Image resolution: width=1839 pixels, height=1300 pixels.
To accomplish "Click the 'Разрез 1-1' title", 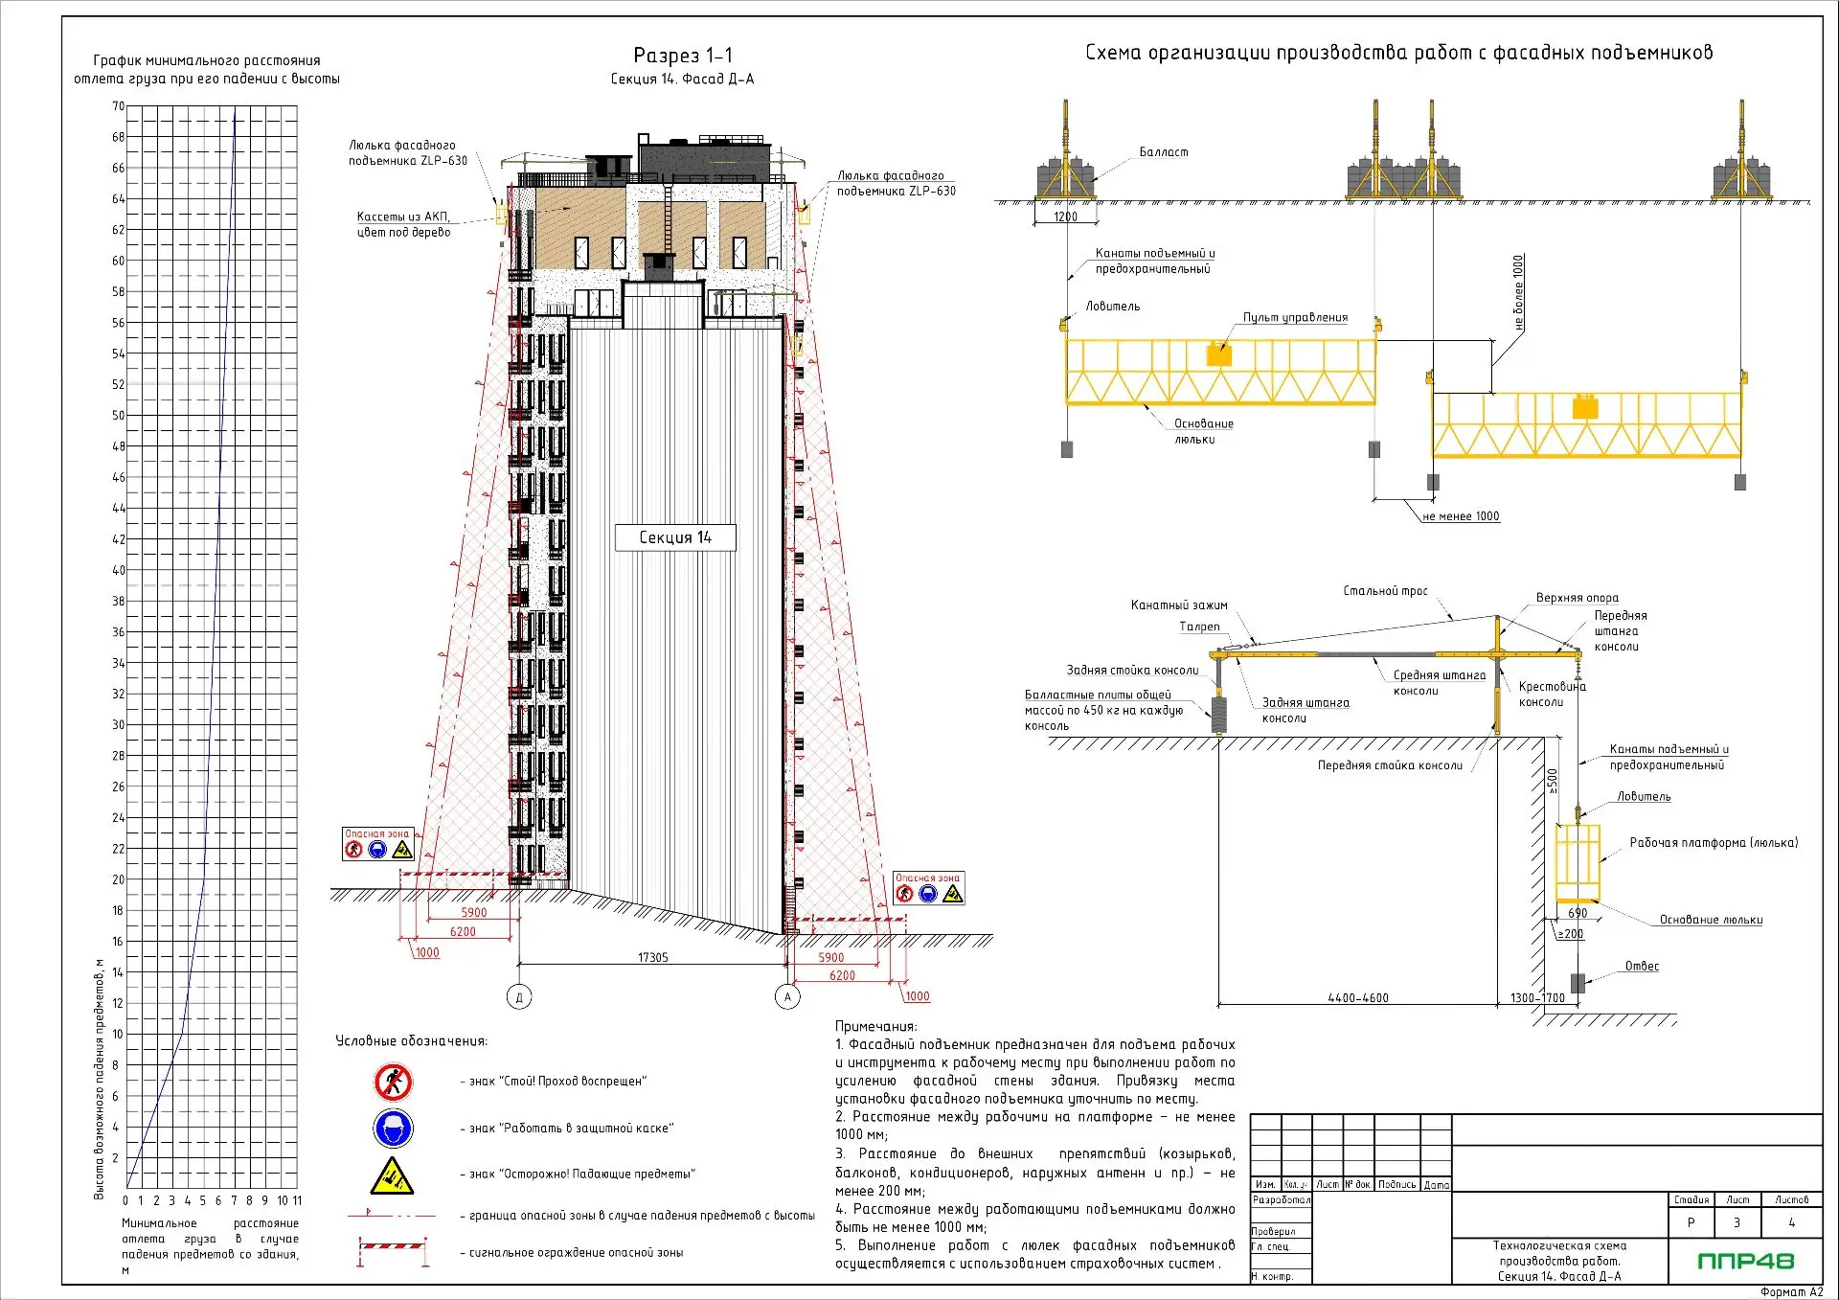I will coord(682,56).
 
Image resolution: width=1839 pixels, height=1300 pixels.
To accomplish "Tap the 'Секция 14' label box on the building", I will coord(675,537).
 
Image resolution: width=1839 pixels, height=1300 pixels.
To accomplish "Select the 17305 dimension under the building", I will coord(653,957).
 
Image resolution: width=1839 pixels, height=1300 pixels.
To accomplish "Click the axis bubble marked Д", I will coord(519,997).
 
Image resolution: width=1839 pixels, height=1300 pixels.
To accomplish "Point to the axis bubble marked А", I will coord(787,997).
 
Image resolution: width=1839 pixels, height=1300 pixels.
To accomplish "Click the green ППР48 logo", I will coord(1745,1261).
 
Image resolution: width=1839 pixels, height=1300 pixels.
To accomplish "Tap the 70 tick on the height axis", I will coord(119,106).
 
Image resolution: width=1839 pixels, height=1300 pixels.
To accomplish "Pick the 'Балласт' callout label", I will coord(1164,152).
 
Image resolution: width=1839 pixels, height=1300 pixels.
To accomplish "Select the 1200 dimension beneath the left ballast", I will coord(1065,217).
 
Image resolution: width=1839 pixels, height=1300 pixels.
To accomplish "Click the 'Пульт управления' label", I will coord(1295,317).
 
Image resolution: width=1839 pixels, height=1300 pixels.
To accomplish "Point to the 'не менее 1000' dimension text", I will coord(1461,516).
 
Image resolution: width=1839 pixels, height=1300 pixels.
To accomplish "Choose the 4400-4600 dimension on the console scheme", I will coord(1358,998).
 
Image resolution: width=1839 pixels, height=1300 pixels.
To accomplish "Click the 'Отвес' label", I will coord(1642,966).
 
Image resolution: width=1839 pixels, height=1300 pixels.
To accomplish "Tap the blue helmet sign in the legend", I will coord(393,1128).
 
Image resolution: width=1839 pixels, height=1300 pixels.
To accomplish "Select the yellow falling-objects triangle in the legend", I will coord(393,1175).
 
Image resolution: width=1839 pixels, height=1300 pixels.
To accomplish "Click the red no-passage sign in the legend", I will coord(393,1082).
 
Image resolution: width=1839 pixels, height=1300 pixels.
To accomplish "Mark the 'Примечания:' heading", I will coord(875,1026).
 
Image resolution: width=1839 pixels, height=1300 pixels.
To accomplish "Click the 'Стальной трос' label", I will coord(1385,591).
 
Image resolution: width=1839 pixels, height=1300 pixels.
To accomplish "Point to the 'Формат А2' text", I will coord(1791,1291).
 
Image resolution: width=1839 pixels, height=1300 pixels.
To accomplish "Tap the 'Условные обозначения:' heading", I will coord(411,1041).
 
